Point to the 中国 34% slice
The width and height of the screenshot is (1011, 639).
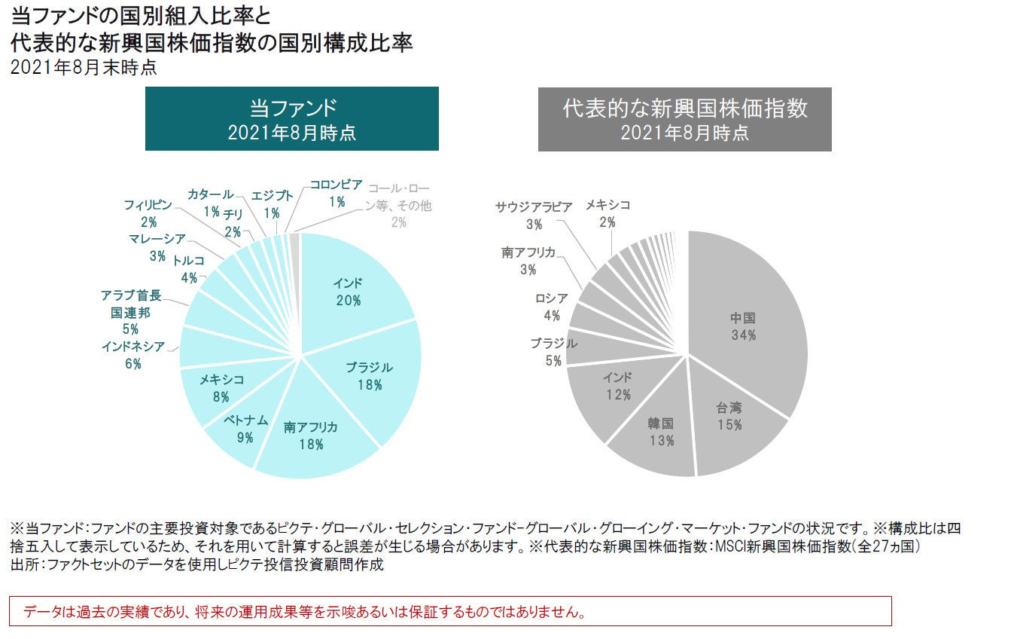743,326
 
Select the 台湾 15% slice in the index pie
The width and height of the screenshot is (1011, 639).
729,416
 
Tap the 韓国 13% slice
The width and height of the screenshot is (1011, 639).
661,431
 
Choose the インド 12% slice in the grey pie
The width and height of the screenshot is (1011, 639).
617,386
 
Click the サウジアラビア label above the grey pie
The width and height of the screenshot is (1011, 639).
534,206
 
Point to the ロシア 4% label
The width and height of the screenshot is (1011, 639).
552,307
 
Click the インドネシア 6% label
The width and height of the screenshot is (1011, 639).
132,355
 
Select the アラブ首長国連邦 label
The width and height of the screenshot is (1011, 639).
130,312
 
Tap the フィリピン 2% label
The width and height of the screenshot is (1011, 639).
148,212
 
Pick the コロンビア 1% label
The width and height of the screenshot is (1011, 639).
336,192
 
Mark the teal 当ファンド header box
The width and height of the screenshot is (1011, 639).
291,119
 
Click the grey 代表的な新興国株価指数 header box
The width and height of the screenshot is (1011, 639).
684,119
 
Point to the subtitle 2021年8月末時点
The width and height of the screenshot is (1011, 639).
84,68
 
